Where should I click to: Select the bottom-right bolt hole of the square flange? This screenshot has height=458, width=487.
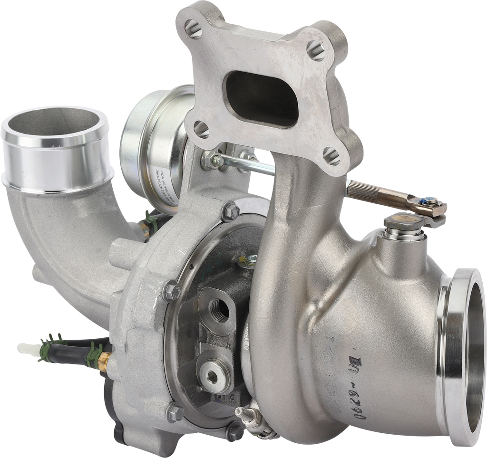[331, 155]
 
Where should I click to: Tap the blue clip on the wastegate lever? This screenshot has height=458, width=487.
[429, 201]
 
